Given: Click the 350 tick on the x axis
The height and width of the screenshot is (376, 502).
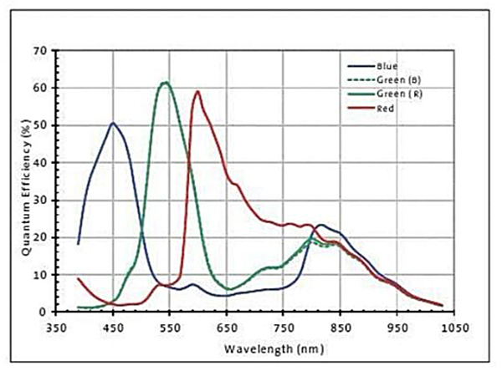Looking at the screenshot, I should (57, 327).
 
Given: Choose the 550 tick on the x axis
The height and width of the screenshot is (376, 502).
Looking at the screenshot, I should (170, 327).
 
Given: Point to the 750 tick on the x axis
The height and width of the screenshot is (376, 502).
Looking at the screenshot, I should (284, 327).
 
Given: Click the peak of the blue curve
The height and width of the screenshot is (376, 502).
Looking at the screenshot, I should (112, 123).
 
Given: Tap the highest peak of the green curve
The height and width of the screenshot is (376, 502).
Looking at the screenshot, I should (166, 82).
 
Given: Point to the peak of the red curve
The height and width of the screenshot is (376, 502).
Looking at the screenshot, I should (197, 91).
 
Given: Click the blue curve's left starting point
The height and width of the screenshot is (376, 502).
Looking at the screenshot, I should (78, 244).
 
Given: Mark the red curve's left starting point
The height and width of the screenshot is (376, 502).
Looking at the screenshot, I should (78, 278).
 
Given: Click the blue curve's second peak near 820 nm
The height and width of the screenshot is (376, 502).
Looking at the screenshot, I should (320, 225).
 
